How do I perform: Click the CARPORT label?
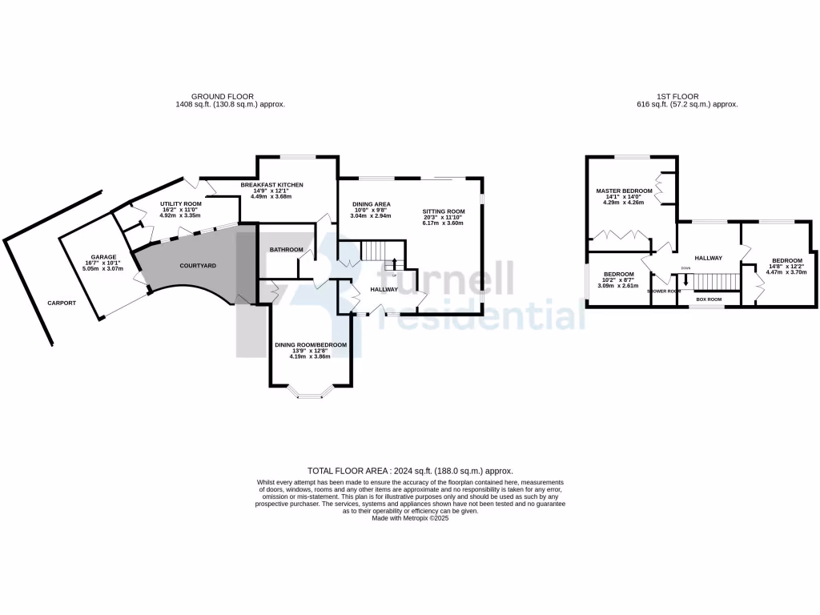[x=62, y=303]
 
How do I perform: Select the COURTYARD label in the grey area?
[x=197, y=265]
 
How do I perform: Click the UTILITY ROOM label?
[x=180, y=204]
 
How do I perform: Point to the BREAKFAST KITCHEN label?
[x=273, y=185]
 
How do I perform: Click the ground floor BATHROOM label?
[x=286, y=250]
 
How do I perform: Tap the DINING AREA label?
[x=371, y=204]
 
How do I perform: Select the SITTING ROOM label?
[x=444, y=211]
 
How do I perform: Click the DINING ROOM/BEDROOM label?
[x=311, y=344]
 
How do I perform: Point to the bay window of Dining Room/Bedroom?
[x=310, y=392]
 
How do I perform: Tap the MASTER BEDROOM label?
[x=624, y=191]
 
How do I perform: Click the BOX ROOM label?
[x=709, y=299]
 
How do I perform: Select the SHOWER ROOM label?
[x=664, y=291]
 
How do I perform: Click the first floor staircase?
[x=713, y=281]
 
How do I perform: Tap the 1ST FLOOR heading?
[x=686, y=96]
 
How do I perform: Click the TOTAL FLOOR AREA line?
[x=410, y=471]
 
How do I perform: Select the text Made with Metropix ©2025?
[x=410, y=518]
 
